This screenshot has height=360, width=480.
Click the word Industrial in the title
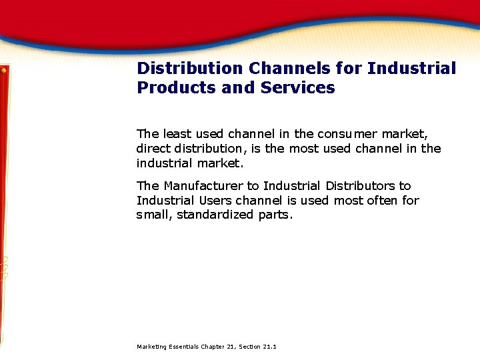(x=412, y=68)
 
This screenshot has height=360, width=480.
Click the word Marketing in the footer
(x=151, y=347)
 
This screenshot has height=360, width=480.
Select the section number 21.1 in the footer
(x=269, y=347)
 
